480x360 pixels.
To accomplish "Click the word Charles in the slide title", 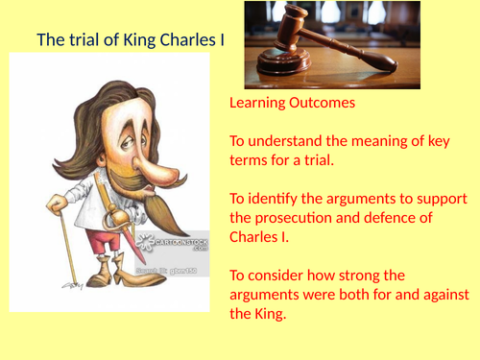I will [168, 40].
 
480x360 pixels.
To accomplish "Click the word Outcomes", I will [325, 102].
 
